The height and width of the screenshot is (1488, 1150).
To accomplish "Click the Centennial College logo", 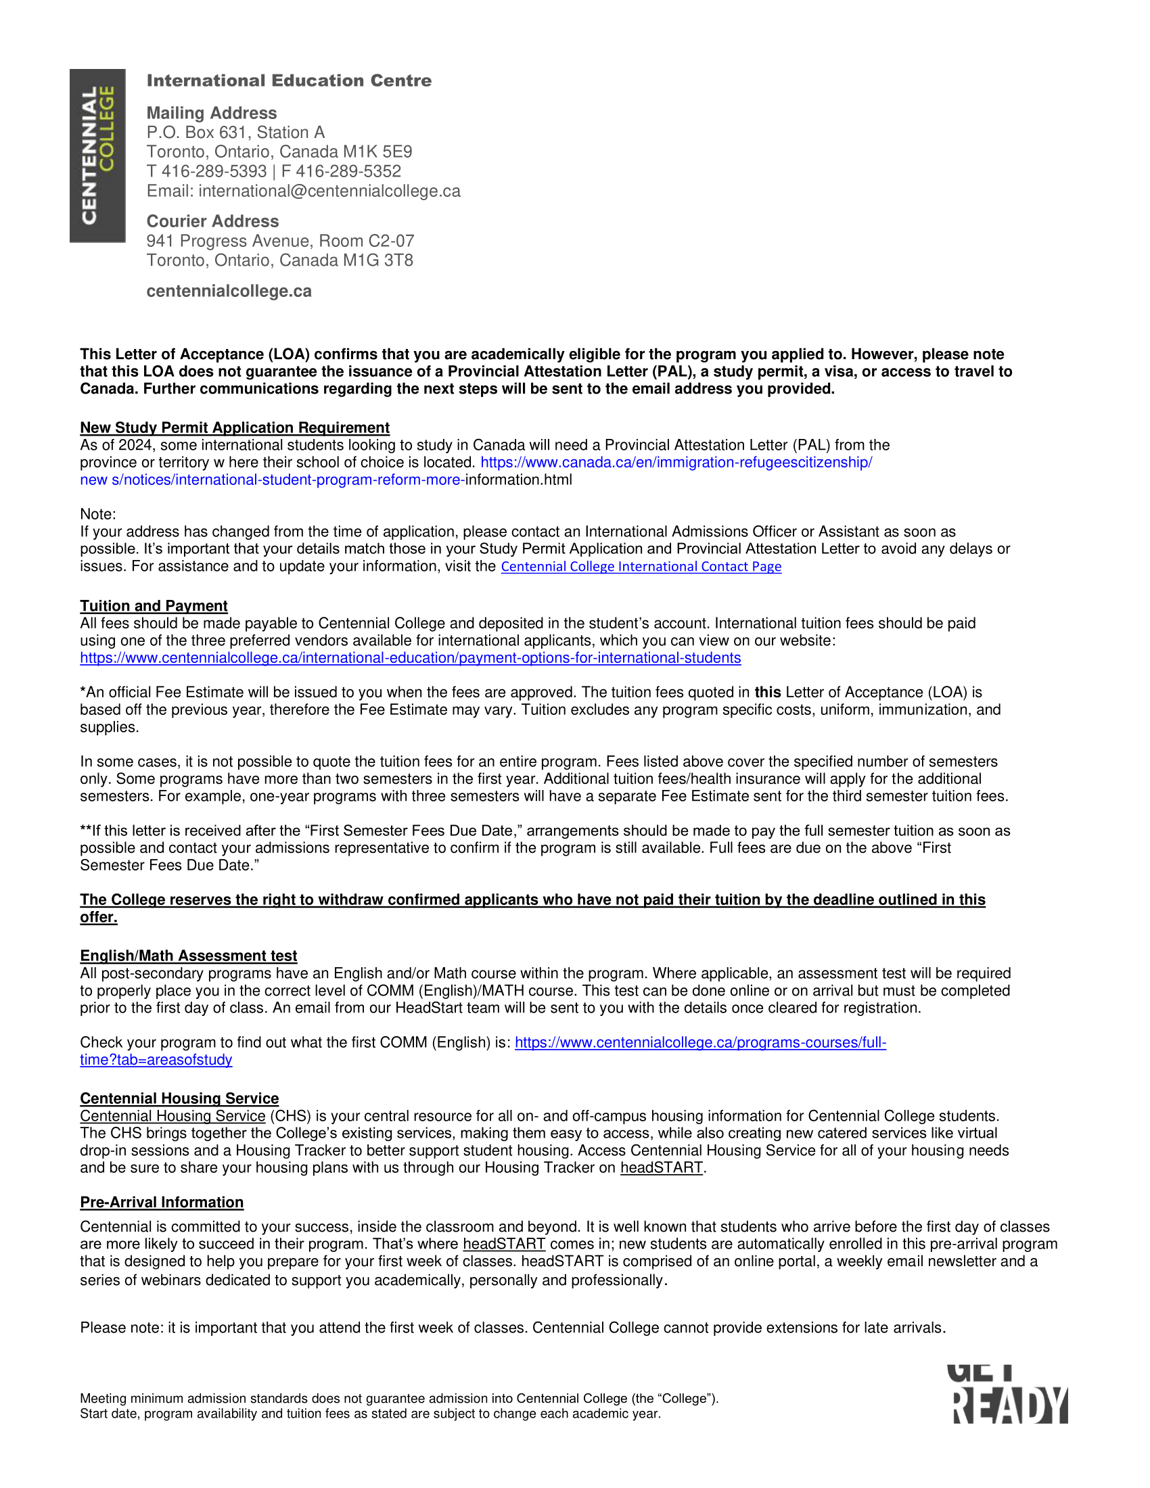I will click(x=97, y=156).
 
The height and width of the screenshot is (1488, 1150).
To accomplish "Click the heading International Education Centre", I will click(x=289, y=80).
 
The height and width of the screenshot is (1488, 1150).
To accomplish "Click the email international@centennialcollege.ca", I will click(x=329, y=191).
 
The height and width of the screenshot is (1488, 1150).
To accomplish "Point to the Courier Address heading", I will click(x=212, y=221).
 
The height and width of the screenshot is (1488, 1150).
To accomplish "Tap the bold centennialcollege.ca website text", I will click(x=229, y=291).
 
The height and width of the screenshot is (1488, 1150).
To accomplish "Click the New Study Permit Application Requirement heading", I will click(x=234, y=428).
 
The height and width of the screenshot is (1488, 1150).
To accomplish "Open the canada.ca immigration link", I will click(x=676, y=463).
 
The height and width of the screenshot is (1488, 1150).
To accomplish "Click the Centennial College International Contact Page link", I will click(x=641, y=567).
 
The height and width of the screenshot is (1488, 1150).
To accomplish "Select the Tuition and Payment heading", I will click(x=154, y=607).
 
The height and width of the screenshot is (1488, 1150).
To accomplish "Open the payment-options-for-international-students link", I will click(x=410, y=658).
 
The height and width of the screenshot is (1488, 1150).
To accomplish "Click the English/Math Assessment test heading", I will click(x=188, y=956).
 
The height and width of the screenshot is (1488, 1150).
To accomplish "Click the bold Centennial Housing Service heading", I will click(x=179, y=1098).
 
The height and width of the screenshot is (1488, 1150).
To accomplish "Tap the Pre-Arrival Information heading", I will click(x=162, y=1203).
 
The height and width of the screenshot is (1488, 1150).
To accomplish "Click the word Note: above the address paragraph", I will click(x=98, y=515).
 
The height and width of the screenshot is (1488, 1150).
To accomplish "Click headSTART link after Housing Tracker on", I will click(x=661, y=1168).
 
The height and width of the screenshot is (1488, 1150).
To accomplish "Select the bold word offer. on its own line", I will click(x=98, y=917).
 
